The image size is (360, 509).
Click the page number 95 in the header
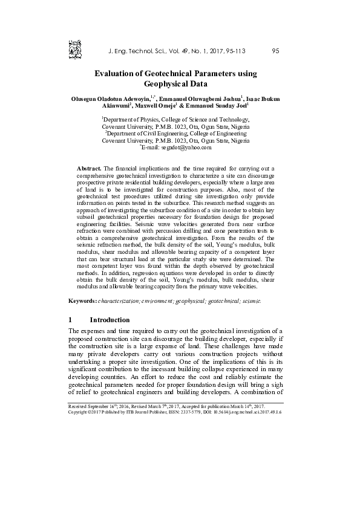(275, 51)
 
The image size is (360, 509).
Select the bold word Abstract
(90, 166)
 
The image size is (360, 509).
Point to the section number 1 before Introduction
(71, 319)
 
